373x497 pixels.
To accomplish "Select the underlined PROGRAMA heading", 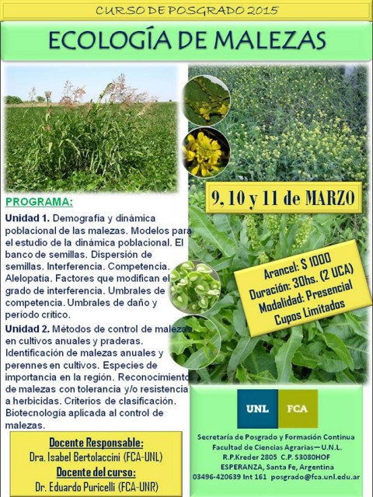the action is pos(39,202).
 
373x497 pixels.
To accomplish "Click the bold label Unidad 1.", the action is pos(27,218).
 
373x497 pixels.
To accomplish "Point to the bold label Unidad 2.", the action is pos(27,328).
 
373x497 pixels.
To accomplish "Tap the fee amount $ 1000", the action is pos(316,262).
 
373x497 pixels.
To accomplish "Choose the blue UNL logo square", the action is pos(257,408).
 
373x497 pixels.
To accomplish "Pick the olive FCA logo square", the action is pos(298,408).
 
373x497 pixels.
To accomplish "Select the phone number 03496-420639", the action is pos(217,477).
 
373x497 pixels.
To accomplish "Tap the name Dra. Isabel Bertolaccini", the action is pos(75,457).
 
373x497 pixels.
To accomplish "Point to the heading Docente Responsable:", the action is pos(96,442).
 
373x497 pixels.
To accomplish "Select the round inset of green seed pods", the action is pos(195,287).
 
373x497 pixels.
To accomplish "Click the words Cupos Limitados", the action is pos(309,312).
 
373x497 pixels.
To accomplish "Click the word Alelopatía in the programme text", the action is pos(29,278).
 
